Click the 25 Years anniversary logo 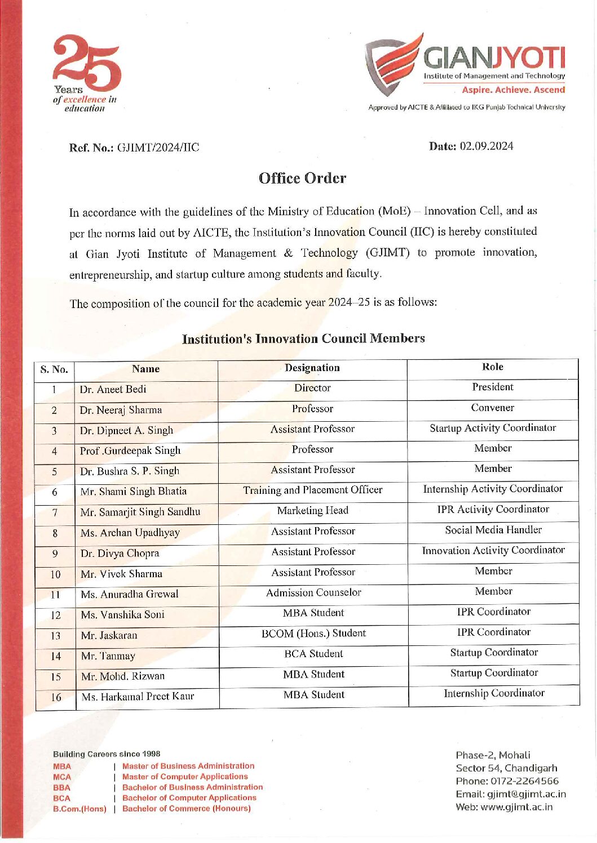pyautogui.click(x=86, y=72)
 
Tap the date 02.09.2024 pyautogui.click(x=486, y=146)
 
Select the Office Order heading pyautogui.click(x=302, y=179)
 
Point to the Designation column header pyautogui.click(x=312, y=368)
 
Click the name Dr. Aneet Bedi pyautogui.click(x=113, y=390)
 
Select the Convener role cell pyautogui.click(x=493, y=408)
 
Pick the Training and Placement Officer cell pyautogui.click(x=313, y=490)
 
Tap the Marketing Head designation pyautogui.click(x=313, y=511)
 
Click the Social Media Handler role pyautogui.click(x=493, y=530)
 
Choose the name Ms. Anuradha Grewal pyautogui.click(x=129, y=595)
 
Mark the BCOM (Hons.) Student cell pyautogui.click(x=313, y=634)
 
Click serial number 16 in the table pyautogui.click(x=56, y=698)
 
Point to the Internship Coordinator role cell pyautogui.click(x=494, y=694)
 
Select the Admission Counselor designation pyautogui.click(x=313, y=593)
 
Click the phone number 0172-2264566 pyautogui.click(x=524, y=782)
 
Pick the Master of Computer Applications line pyautogui.click(x=185, y=777)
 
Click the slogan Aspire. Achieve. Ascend pyautogui.click(x=513, y=90)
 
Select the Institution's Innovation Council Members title pyautogui.click(x=303, y=339)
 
